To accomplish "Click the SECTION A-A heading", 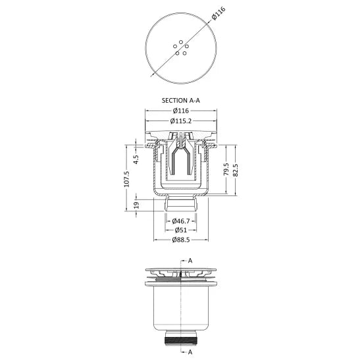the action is pyautogui.click(x=181, y=101).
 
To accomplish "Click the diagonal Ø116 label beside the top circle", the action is pyautogui.click(x=218, y=14).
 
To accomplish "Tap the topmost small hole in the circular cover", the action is pyautogui.click(x=181, y=42).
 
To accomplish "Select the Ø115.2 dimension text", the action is pyautogui.click(x=181, y=120).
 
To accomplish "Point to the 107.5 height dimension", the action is pyautogui.click(x=127, y=178).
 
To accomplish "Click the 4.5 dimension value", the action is pyautogui.click(x=136, y=159).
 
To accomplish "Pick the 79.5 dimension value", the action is pyautogui.click(x=226, y=169).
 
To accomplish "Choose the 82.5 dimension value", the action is pyautogui.click(x=235, y=170).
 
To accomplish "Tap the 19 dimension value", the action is pyautogui.click(x=136, y=205).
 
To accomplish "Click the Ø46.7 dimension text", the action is pyautogui.click(x=181, y=221).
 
